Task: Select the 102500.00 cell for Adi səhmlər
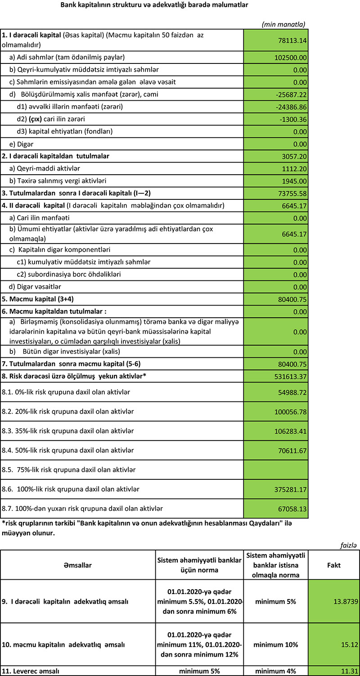click(x=290, y=58)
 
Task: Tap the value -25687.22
click(x=290, y=95)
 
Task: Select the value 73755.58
click(x=290, y=194)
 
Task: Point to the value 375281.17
click(x=288, y=489)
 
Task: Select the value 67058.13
click(x=290, y=509)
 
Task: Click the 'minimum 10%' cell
click(x=275, y=644)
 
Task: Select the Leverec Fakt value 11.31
click(x=349, y=671)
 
